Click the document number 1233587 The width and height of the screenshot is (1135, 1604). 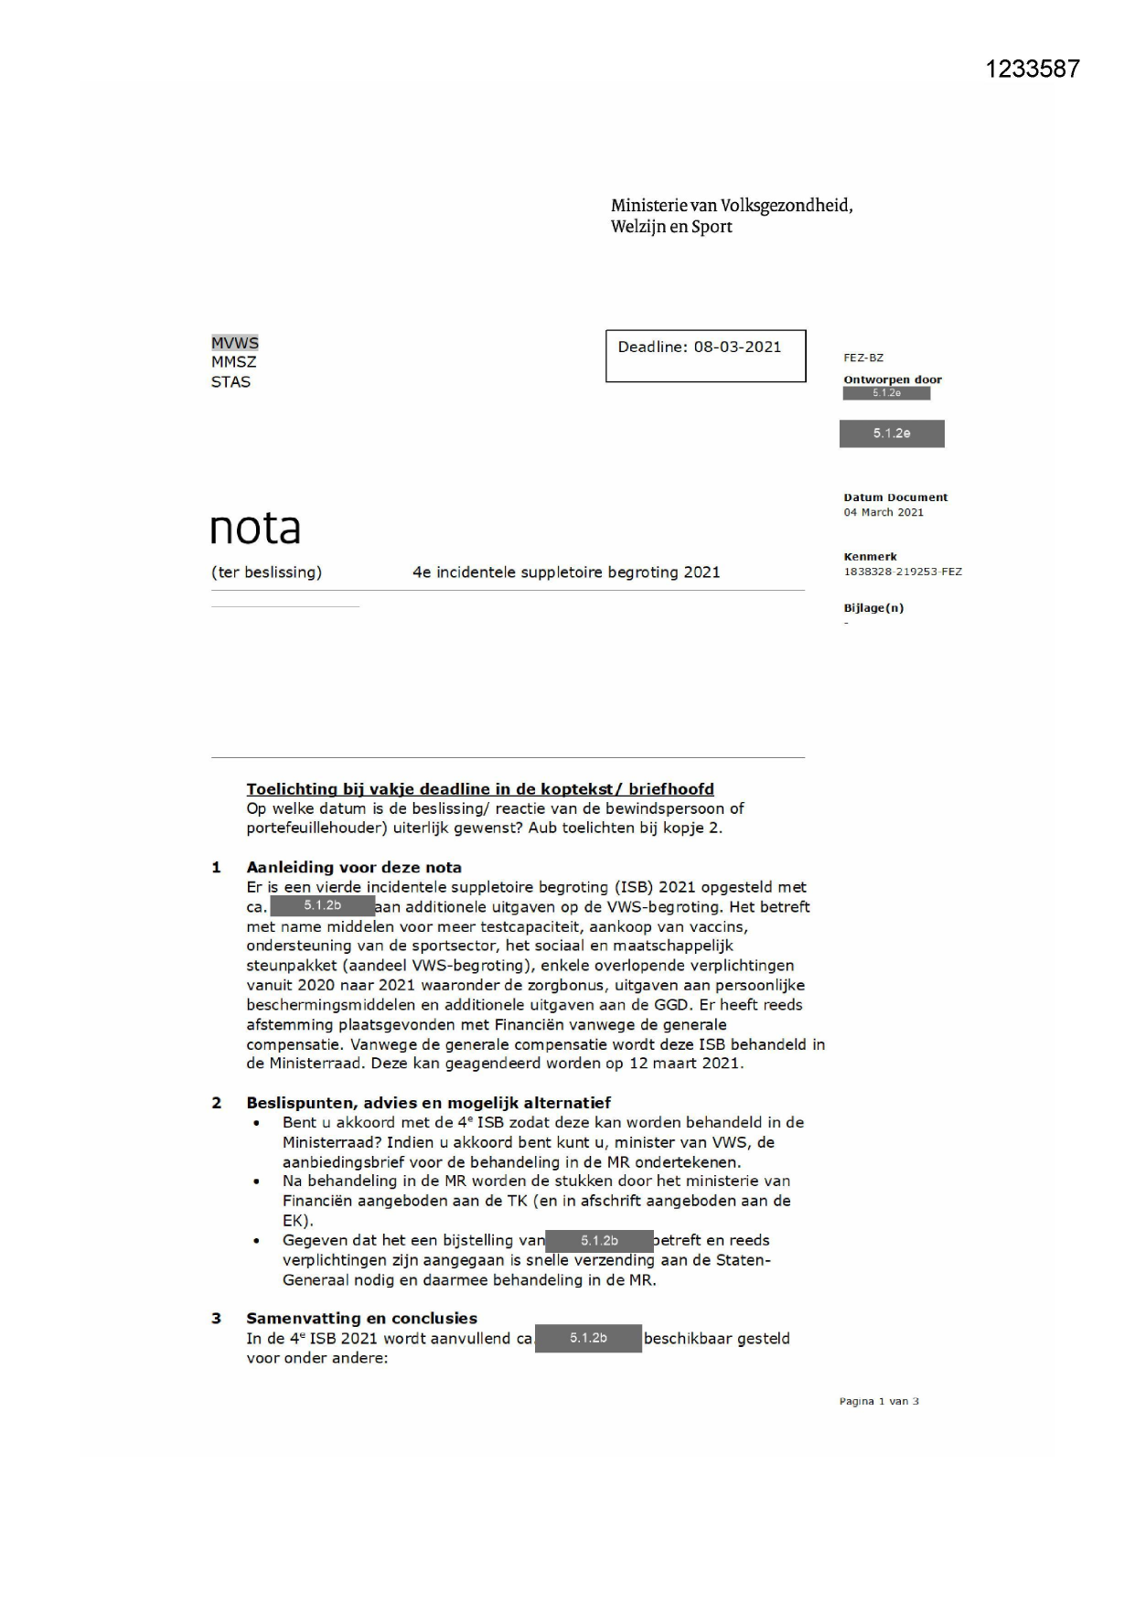tap(1033, 70)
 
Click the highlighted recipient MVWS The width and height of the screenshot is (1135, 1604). tap(235, 343)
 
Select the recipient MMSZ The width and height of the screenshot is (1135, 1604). tap(233, 362)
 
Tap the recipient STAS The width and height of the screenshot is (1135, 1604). tap(230, 382)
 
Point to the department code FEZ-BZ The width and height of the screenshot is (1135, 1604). tap(863, 358)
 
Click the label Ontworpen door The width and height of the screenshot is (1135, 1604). tap(892, 380)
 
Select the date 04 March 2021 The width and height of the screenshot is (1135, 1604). tap(883, 512)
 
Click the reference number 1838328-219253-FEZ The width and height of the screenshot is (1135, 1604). tap(902, 572)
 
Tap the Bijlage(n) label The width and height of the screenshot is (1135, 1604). tap(873, 608)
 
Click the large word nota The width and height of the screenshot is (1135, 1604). tap(255, 529)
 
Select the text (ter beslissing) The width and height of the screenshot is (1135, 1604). tap(266, 572)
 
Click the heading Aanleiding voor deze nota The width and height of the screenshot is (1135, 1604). tap(354, 867)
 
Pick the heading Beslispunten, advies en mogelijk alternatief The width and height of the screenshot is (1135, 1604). tap(428, 1103)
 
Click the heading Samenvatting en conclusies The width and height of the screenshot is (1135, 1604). tap(361, 1318)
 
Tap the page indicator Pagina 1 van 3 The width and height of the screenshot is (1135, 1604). tap(879, 1401)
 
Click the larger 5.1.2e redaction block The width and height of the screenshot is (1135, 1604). tap(892, 433)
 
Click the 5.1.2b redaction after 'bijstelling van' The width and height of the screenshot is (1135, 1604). tap(599, 1241)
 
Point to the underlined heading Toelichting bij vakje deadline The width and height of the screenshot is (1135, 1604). tap(480, 789)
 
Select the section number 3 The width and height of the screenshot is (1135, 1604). tap(217, 1318)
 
